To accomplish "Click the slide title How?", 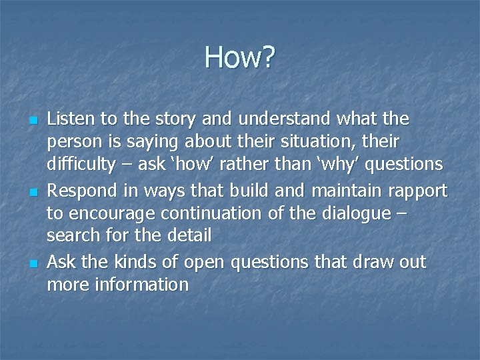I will tap(239, 57).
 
